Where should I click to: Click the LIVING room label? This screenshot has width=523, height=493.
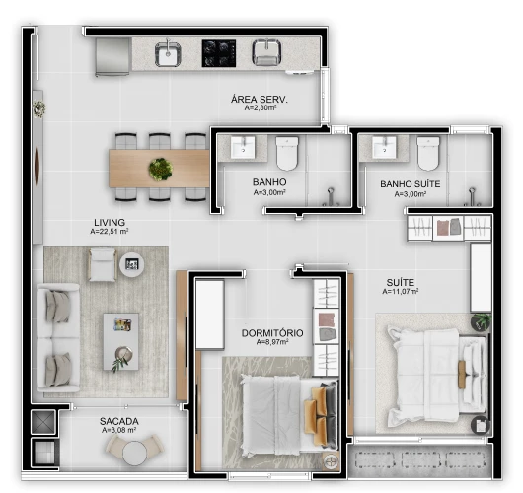tap(109, 222)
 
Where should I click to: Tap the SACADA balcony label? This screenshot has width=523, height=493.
tap(118, 422)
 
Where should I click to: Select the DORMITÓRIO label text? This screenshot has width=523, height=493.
tap(272, 333)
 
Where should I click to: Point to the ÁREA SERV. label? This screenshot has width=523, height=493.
tap(254, 100)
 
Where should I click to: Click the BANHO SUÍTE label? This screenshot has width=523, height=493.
tap(410, 184)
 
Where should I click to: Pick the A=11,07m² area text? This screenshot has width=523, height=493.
tap(402, 292)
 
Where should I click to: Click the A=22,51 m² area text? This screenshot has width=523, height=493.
tap(110, 233)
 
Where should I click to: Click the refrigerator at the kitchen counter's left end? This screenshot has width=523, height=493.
tap(112, 56)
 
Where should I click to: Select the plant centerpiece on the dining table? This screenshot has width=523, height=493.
tap(160, 168)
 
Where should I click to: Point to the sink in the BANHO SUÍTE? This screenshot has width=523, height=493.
tap(384, 149)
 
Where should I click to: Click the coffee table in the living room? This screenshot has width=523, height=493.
tap(121, 339)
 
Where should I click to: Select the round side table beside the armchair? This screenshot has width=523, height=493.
tap(130, 264)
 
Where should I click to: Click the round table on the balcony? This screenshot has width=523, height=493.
tap(135, 452)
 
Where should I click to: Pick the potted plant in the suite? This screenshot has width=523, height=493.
tap(481, 321)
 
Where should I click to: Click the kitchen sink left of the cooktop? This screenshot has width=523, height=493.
tap(168, 53)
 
